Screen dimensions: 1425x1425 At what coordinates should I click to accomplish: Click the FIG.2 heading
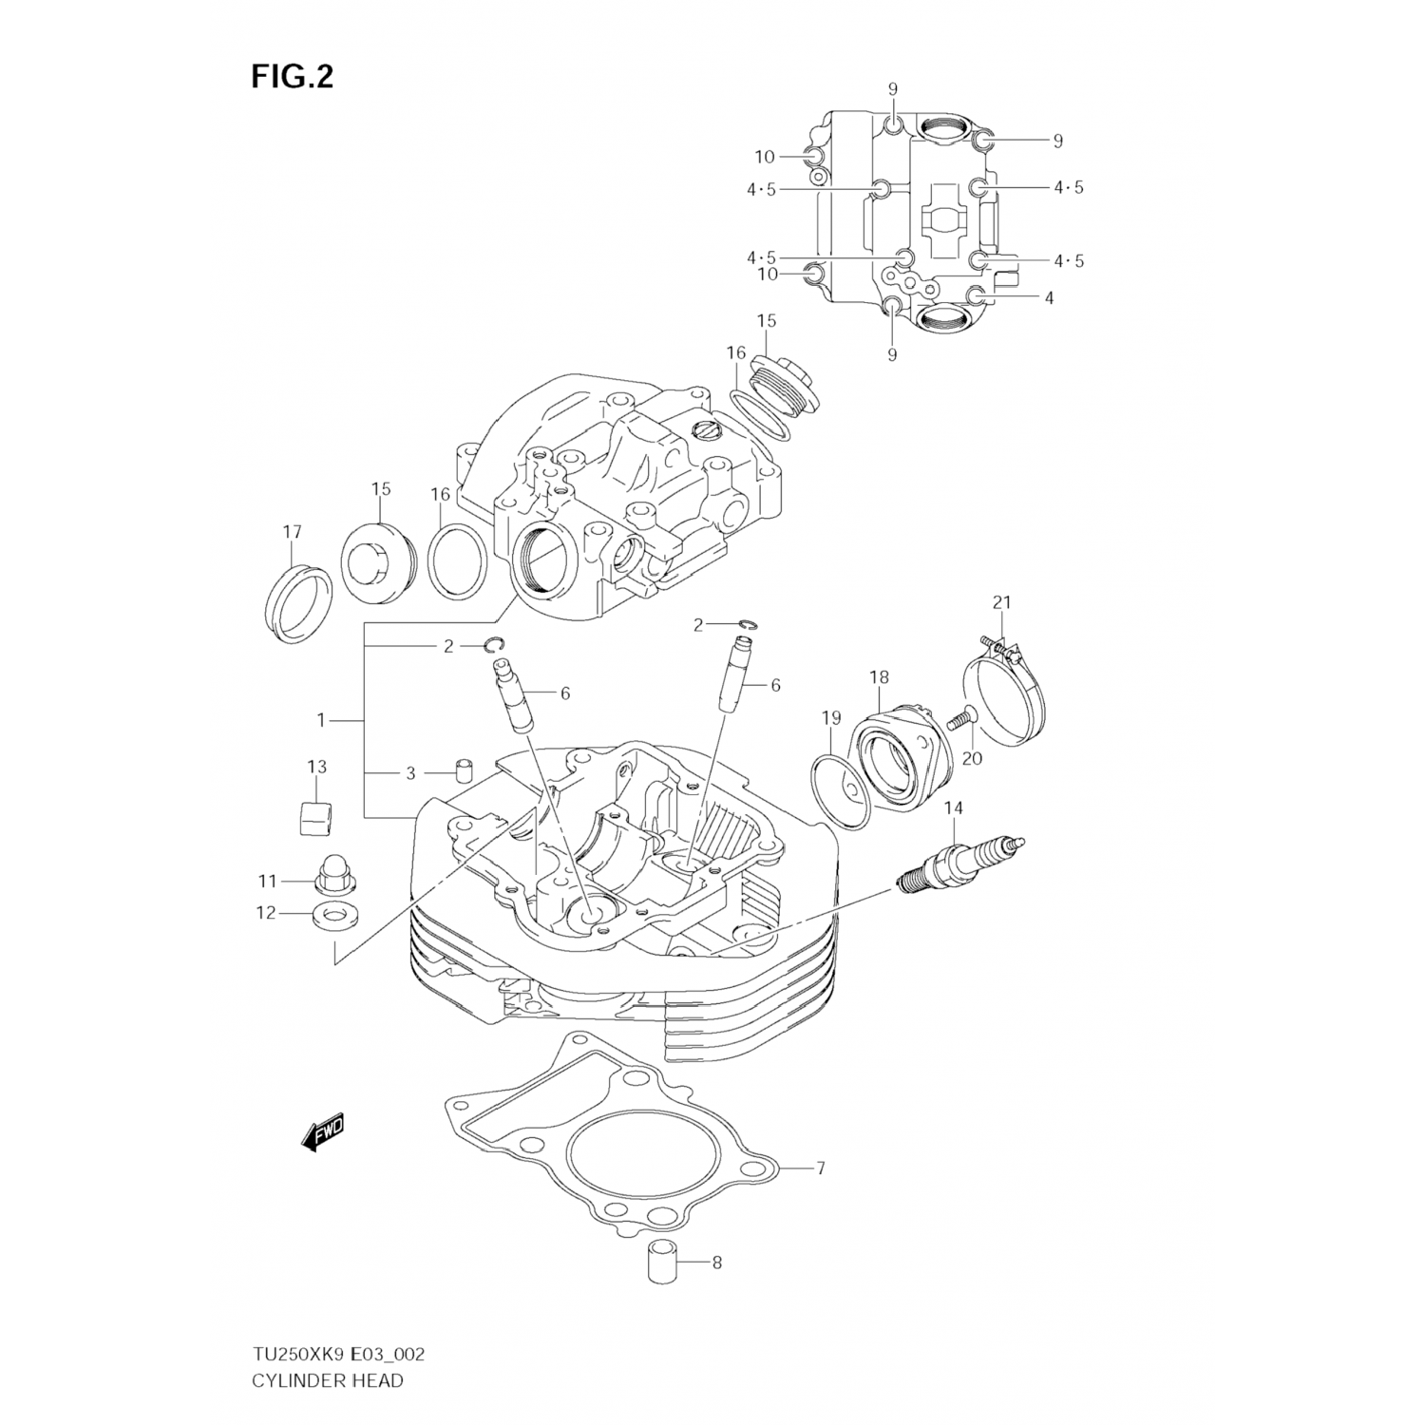(x=292, y=76)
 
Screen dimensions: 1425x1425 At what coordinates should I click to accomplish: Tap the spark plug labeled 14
(x=959, y=861)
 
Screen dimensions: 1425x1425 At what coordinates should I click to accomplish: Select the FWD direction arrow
(x=323, y=1133)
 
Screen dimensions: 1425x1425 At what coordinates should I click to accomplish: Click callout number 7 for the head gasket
(x=819, y=1168)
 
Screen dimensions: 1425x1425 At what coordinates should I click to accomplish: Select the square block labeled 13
(x=315, y=815)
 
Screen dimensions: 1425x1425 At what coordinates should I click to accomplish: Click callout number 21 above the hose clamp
(x=1002, y=602)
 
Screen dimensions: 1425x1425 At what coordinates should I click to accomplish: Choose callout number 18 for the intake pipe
(x=879, y=677)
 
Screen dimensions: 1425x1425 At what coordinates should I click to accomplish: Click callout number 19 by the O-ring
(x=831, y=717)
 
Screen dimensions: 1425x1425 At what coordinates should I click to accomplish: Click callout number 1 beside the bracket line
(x=322, y=720)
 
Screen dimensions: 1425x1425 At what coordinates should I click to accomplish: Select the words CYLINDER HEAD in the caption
(x=327, y=1379)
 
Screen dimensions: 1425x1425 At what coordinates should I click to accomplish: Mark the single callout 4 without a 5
(x=1049, y=298)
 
